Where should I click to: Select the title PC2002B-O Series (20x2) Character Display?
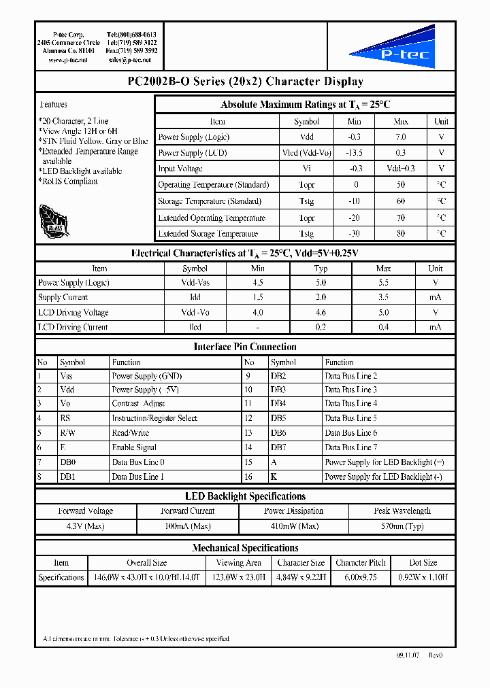point(245,82)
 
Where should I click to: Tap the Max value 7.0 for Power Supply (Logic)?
point(401,137)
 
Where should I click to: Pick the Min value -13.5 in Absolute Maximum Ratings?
point(355,153)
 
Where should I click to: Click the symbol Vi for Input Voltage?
point(306,169)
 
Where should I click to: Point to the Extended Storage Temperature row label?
point(208,234)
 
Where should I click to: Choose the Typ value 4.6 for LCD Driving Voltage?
point(321,313)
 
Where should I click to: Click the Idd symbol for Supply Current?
point(195,298)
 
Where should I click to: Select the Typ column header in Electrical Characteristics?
point(321,269)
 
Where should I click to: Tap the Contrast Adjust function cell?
point(138,404)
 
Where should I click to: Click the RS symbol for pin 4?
point(65,418)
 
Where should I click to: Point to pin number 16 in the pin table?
point(248,477)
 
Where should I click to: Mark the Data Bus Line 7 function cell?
point(350,447)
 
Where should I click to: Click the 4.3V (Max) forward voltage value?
point(85,526)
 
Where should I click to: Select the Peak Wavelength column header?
point(402,511)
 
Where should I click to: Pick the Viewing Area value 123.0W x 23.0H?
point(238,578)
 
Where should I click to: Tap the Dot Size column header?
point(423,563)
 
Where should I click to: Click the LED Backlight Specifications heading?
point(245,496)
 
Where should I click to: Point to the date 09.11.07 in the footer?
point(408,655)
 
